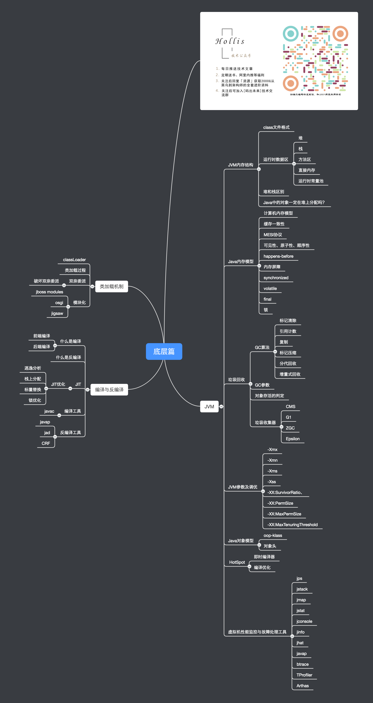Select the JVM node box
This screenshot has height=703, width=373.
click(x=209, y=406)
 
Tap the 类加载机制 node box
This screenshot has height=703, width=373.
click(x=112, y=286)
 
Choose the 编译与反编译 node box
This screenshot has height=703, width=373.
click(x=109, y=389)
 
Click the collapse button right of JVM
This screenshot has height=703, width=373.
click(x=221, y=406)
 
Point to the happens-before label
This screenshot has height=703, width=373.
click(x=278, y=256)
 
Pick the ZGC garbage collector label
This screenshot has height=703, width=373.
click(x=290, y=428)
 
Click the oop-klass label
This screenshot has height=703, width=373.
click(x=273, y=535)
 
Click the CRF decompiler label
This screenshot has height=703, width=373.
click(x=46, y=443)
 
